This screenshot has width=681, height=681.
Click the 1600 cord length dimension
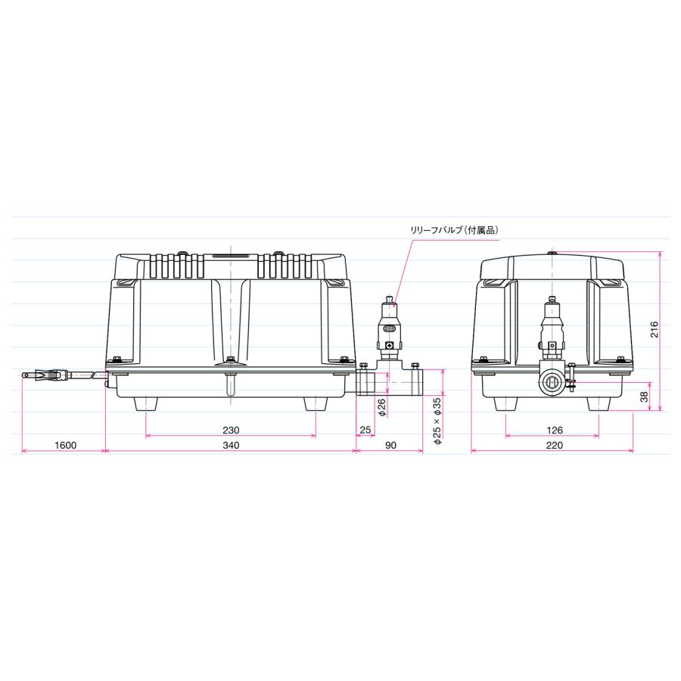point(66,445)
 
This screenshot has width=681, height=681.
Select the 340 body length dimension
point(231,445)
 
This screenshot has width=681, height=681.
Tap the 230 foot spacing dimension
point(231,430)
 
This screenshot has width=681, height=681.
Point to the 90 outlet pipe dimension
point(391,445)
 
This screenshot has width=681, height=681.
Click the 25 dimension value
point(365,430)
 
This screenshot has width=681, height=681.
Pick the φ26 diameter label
point(382,407)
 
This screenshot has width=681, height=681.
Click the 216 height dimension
point(655,330)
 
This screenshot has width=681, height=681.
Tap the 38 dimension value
point(644,396)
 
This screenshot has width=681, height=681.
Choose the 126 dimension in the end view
point(555,430)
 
